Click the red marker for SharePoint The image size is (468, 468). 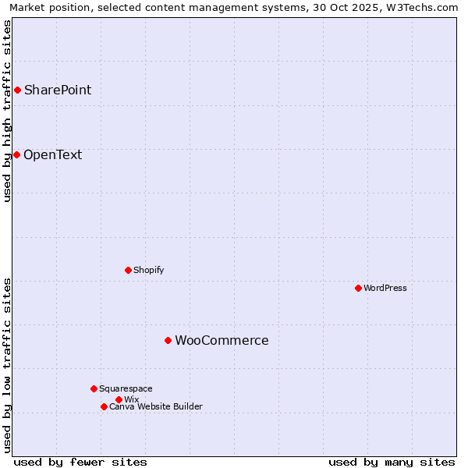pos(17,90)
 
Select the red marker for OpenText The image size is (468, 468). pos(16,154)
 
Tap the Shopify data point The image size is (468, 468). pos(128,270)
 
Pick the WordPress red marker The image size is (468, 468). pos(358,288)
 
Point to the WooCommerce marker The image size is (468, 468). pos(168,340)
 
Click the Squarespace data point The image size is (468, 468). pos(94,388)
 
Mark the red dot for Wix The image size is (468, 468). pos(119,399)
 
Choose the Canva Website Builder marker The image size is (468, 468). pos(104,406)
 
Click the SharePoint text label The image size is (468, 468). pos(58,90)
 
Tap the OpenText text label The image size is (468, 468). pos(52,154)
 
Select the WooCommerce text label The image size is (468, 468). pos(222,340)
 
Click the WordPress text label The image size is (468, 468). pos(385,288)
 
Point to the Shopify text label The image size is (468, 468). pos(148,270)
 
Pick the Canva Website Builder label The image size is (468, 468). pos(156,406)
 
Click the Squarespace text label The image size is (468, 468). pos(126,388)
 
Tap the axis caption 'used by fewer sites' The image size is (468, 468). pos(80,462)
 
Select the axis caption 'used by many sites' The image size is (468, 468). pos(392,462)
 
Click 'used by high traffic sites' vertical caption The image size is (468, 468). pos(7,111)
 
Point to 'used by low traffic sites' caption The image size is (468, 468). pos(7,365)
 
